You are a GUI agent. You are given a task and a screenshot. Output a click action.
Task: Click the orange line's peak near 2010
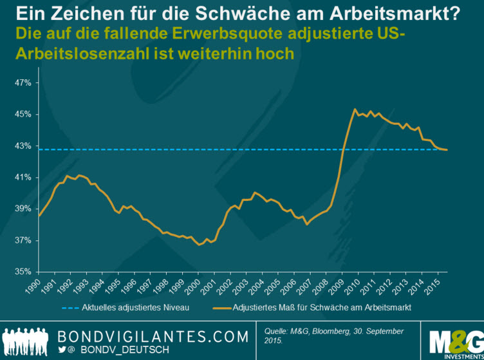tap(354, 109)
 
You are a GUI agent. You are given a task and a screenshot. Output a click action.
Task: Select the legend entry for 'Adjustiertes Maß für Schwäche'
tap(319, 308)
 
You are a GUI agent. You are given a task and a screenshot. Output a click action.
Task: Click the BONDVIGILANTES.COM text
tap(154, 337)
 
